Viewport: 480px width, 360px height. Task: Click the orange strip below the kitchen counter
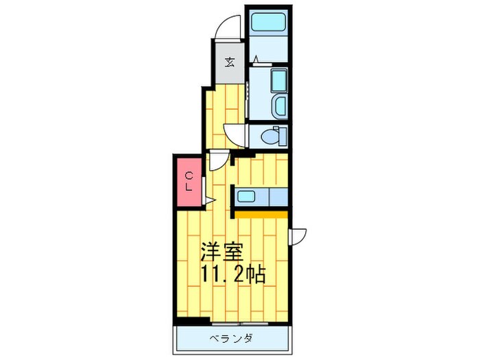click(x=263, y=214)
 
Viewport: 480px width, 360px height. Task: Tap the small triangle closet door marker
click(x=211, y=200)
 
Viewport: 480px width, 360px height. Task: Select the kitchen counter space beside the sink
click(x=277, y=197)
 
